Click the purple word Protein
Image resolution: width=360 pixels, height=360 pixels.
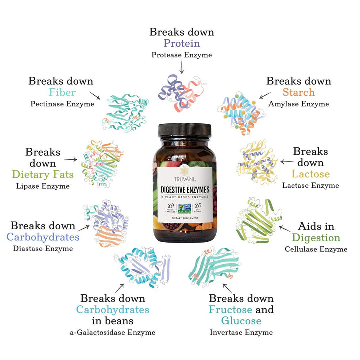181,43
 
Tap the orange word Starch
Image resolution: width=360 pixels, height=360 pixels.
298,92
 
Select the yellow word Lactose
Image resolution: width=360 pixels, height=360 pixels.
311,174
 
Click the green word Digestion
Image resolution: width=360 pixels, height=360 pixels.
316,238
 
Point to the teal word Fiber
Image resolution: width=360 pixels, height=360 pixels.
62,93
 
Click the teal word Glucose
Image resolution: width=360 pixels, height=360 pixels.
241,320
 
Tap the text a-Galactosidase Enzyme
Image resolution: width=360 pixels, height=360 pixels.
112,332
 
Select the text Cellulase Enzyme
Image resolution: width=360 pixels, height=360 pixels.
316,249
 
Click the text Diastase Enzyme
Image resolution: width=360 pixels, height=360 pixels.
43,248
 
